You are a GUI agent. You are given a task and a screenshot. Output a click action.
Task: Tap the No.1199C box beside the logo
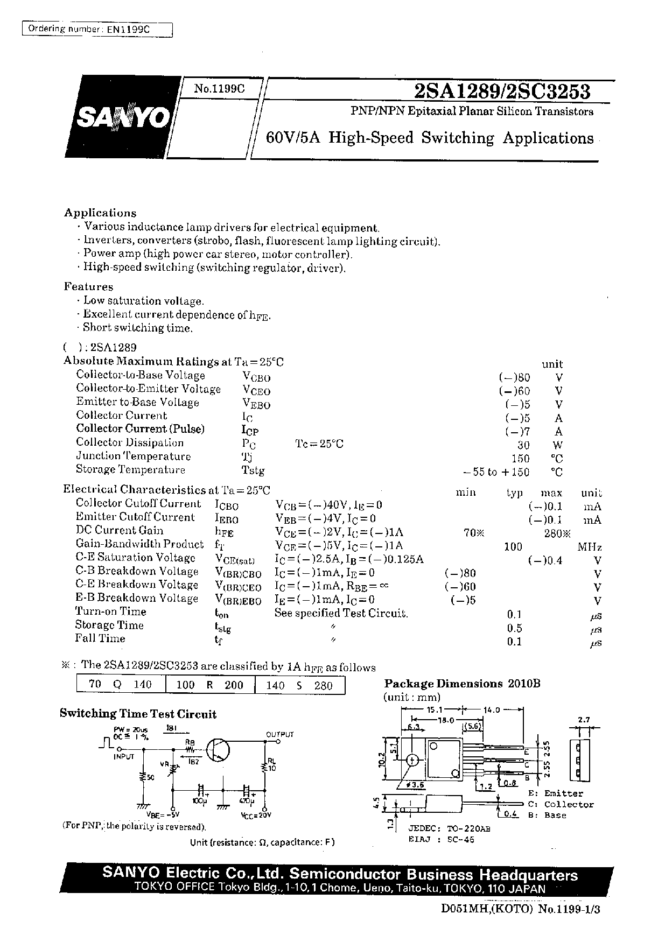point(219,89)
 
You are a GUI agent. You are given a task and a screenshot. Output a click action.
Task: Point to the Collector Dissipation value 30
point(523,445)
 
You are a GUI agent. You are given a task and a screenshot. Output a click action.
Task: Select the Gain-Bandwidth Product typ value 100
point(513,547)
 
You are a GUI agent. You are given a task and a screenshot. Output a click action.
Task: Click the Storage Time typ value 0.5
point(514,628)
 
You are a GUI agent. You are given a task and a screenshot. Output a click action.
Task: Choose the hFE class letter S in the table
point(298,685)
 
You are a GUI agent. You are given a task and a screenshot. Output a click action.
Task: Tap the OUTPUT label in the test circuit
point(280,734)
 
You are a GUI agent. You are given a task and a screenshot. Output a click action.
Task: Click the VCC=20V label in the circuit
point(257,815)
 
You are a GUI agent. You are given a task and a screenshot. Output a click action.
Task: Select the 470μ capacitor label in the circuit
point(247,801)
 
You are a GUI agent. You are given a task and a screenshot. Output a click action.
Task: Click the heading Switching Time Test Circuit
point(138,714)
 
